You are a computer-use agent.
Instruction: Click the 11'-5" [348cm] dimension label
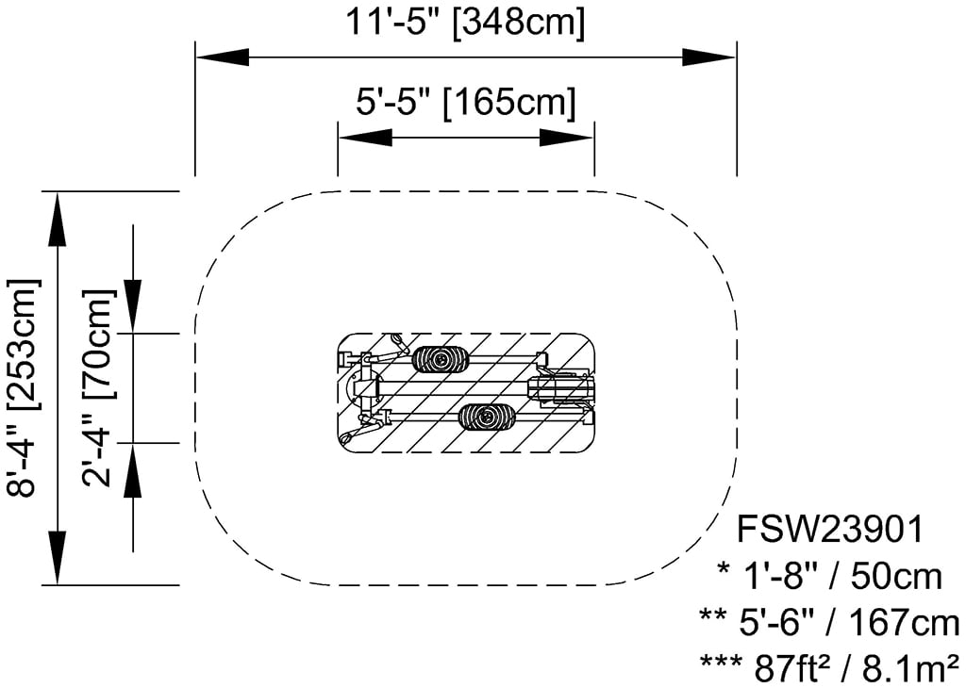click(464, 23)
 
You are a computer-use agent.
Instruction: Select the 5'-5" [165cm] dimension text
click(466, 102)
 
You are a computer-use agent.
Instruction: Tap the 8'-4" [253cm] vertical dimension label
click(23, 387)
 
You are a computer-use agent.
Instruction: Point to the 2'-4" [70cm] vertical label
click(97, 387)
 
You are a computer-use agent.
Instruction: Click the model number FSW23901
click(830, 530)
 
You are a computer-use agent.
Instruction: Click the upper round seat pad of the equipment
click(440, 359)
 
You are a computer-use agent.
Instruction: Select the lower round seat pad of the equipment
click(488, 417)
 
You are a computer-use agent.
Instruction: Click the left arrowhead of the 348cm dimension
click(223, 57)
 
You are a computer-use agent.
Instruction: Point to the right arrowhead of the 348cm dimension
click(709, 57)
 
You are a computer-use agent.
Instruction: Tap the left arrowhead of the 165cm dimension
click(365, 138)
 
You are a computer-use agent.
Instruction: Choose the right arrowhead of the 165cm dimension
click(567, 138)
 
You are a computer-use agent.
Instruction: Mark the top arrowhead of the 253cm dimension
click(58, 220)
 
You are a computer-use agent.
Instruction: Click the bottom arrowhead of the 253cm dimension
click(58, 556)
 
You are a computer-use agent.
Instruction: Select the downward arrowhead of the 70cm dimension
click(133, 306)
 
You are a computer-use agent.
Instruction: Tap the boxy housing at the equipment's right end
click(561, 388)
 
